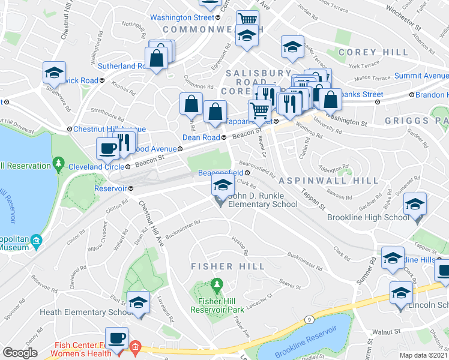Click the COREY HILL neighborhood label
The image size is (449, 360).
366,53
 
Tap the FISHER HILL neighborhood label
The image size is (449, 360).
228,266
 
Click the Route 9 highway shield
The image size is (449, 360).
308,321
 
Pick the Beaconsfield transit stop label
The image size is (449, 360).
220,173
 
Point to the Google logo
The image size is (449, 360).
20,353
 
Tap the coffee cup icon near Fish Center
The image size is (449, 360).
116,338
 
